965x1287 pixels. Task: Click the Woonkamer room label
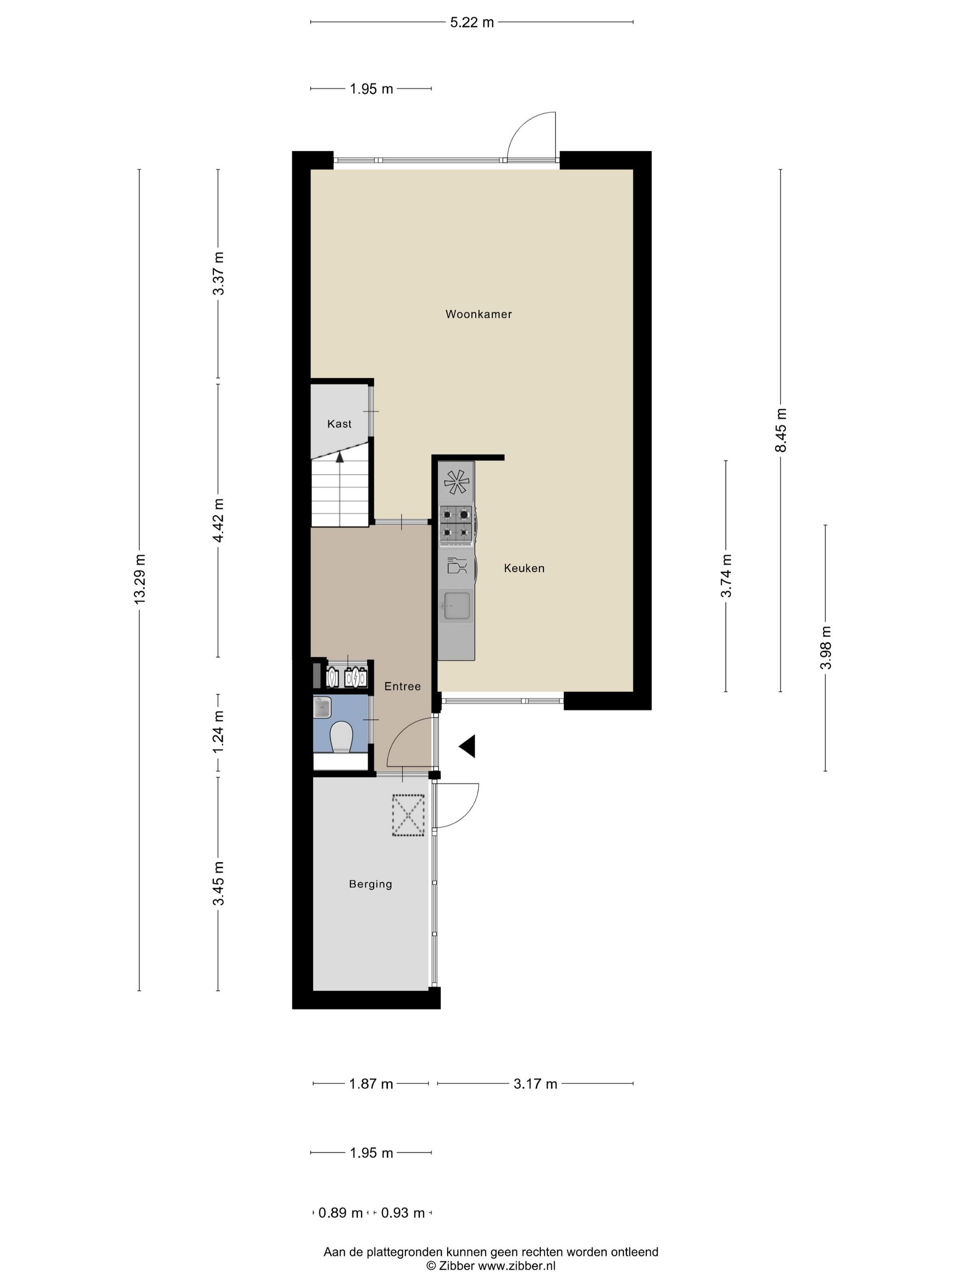[478, 314]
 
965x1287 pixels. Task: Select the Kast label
[339, 424]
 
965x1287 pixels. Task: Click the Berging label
[370, 884]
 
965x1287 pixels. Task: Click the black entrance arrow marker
[468, 746]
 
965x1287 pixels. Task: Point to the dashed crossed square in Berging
[409, 816]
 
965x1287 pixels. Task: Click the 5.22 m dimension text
[472, 23]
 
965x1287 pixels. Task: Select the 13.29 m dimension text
[140, 579]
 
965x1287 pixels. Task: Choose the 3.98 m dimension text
[825, 648]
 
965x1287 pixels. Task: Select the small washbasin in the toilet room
[322, 707]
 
